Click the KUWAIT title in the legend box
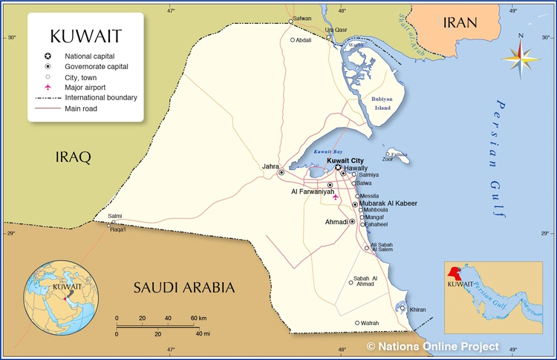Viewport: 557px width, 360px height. pos(85,36)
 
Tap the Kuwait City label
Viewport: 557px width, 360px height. pos(346,160)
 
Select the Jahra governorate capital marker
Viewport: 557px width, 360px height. pos(281,172)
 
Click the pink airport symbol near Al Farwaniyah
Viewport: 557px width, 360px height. pos(336,197)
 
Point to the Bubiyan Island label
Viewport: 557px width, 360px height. pos(381,103)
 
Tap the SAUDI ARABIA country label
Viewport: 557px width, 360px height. pos(183,287)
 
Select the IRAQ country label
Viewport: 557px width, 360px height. pos(74,157)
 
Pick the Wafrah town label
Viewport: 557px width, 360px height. pos(370,323)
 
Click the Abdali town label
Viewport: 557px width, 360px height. pos(304,40)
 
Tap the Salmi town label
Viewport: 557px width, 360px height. pos(115,216)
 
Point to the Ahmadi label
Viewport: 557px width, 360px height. pos(336,221)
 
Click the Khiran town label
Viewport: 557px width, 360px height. pos(418,310)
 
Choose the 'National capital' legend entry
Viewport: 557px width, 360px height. pos(94,56)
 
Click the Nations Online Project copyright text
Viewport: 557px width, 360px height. pos(432,347)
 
